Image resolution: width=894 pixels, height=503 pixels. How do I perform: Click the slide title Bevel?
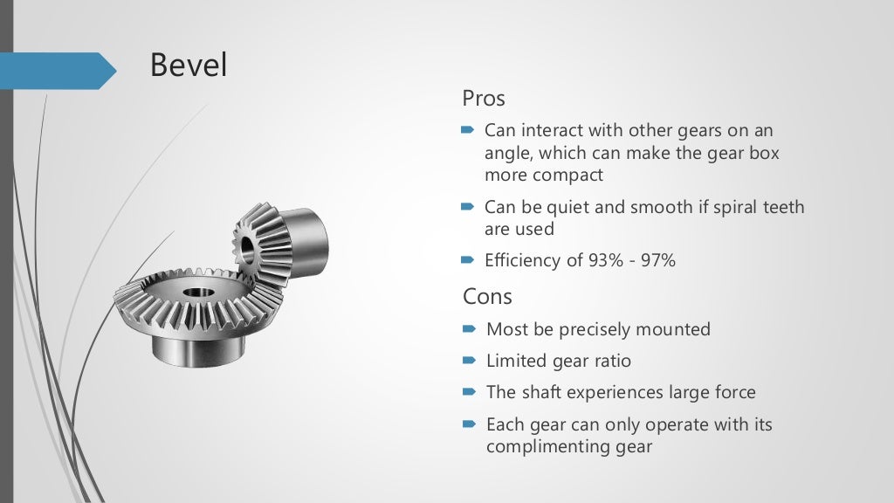coord(189,65)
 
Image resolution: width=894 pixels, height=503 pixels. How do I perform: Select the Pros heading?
coord(484,98)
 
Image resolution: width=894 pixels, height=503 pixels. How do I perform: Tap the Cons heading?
coord(487,296)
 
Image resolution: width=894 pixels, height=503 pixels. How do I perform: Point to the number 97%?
coord(657,260)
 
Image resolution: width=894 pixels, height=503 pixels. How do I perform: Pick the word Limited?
coord(517,361)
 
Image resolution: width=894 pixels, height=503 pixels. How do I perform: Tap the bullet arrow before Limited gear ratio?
coord(468,361)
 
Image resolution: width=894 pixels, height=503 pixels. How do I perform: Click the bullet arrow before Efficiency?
coord(468,260)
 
